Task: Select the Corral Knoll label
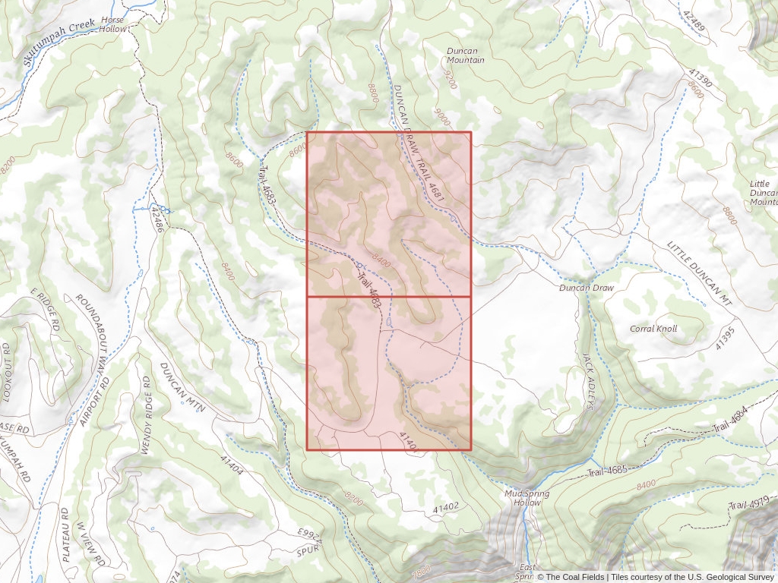[x=653, y=329]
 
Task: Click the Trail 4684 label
[x=732, y=424]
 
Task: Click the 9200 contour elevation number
[x=450, y=79]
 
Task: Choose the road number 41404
[x=232, y=465]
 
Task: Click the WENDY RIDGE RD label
[x=144, y=414]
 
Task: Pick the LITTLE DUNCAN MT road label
[x=700, y=273]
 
